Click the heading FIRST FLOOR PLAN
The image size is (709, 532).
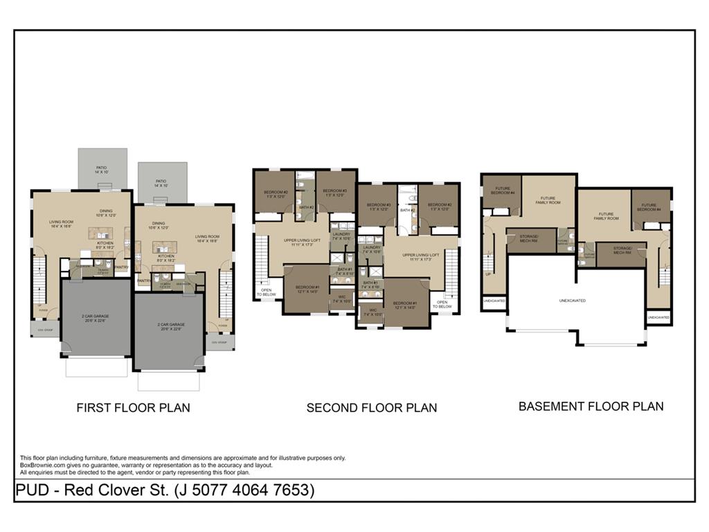coord(133,408)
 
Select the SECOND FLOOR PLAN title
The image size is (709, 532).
coord(372,408)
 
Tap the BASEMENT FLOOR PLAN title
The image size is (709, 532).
coord(591,407)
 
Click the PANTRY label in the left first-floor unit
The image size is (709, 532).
coord(121,267)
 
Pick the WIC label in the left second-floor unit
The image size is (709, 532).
coord(340,300)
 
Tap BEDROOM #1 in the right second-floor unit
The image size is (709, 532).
coord(406,305)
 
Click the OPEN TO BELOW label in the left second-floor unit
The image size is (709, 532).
coord(267,293)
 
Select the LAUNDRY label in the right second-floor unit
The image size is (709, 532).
coord(372,249)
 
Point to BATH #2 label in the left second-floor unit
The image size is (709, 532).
coord(306,207)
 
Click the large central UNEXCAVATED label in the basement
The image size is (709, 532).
coord(573,301)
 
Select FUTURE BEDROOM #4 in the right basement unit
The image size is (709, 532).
coord(649,206)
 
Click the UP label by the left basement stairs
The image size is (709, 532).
coord(488,274)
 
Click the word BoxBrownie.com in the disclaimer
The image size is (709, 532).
coord(40,465)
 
